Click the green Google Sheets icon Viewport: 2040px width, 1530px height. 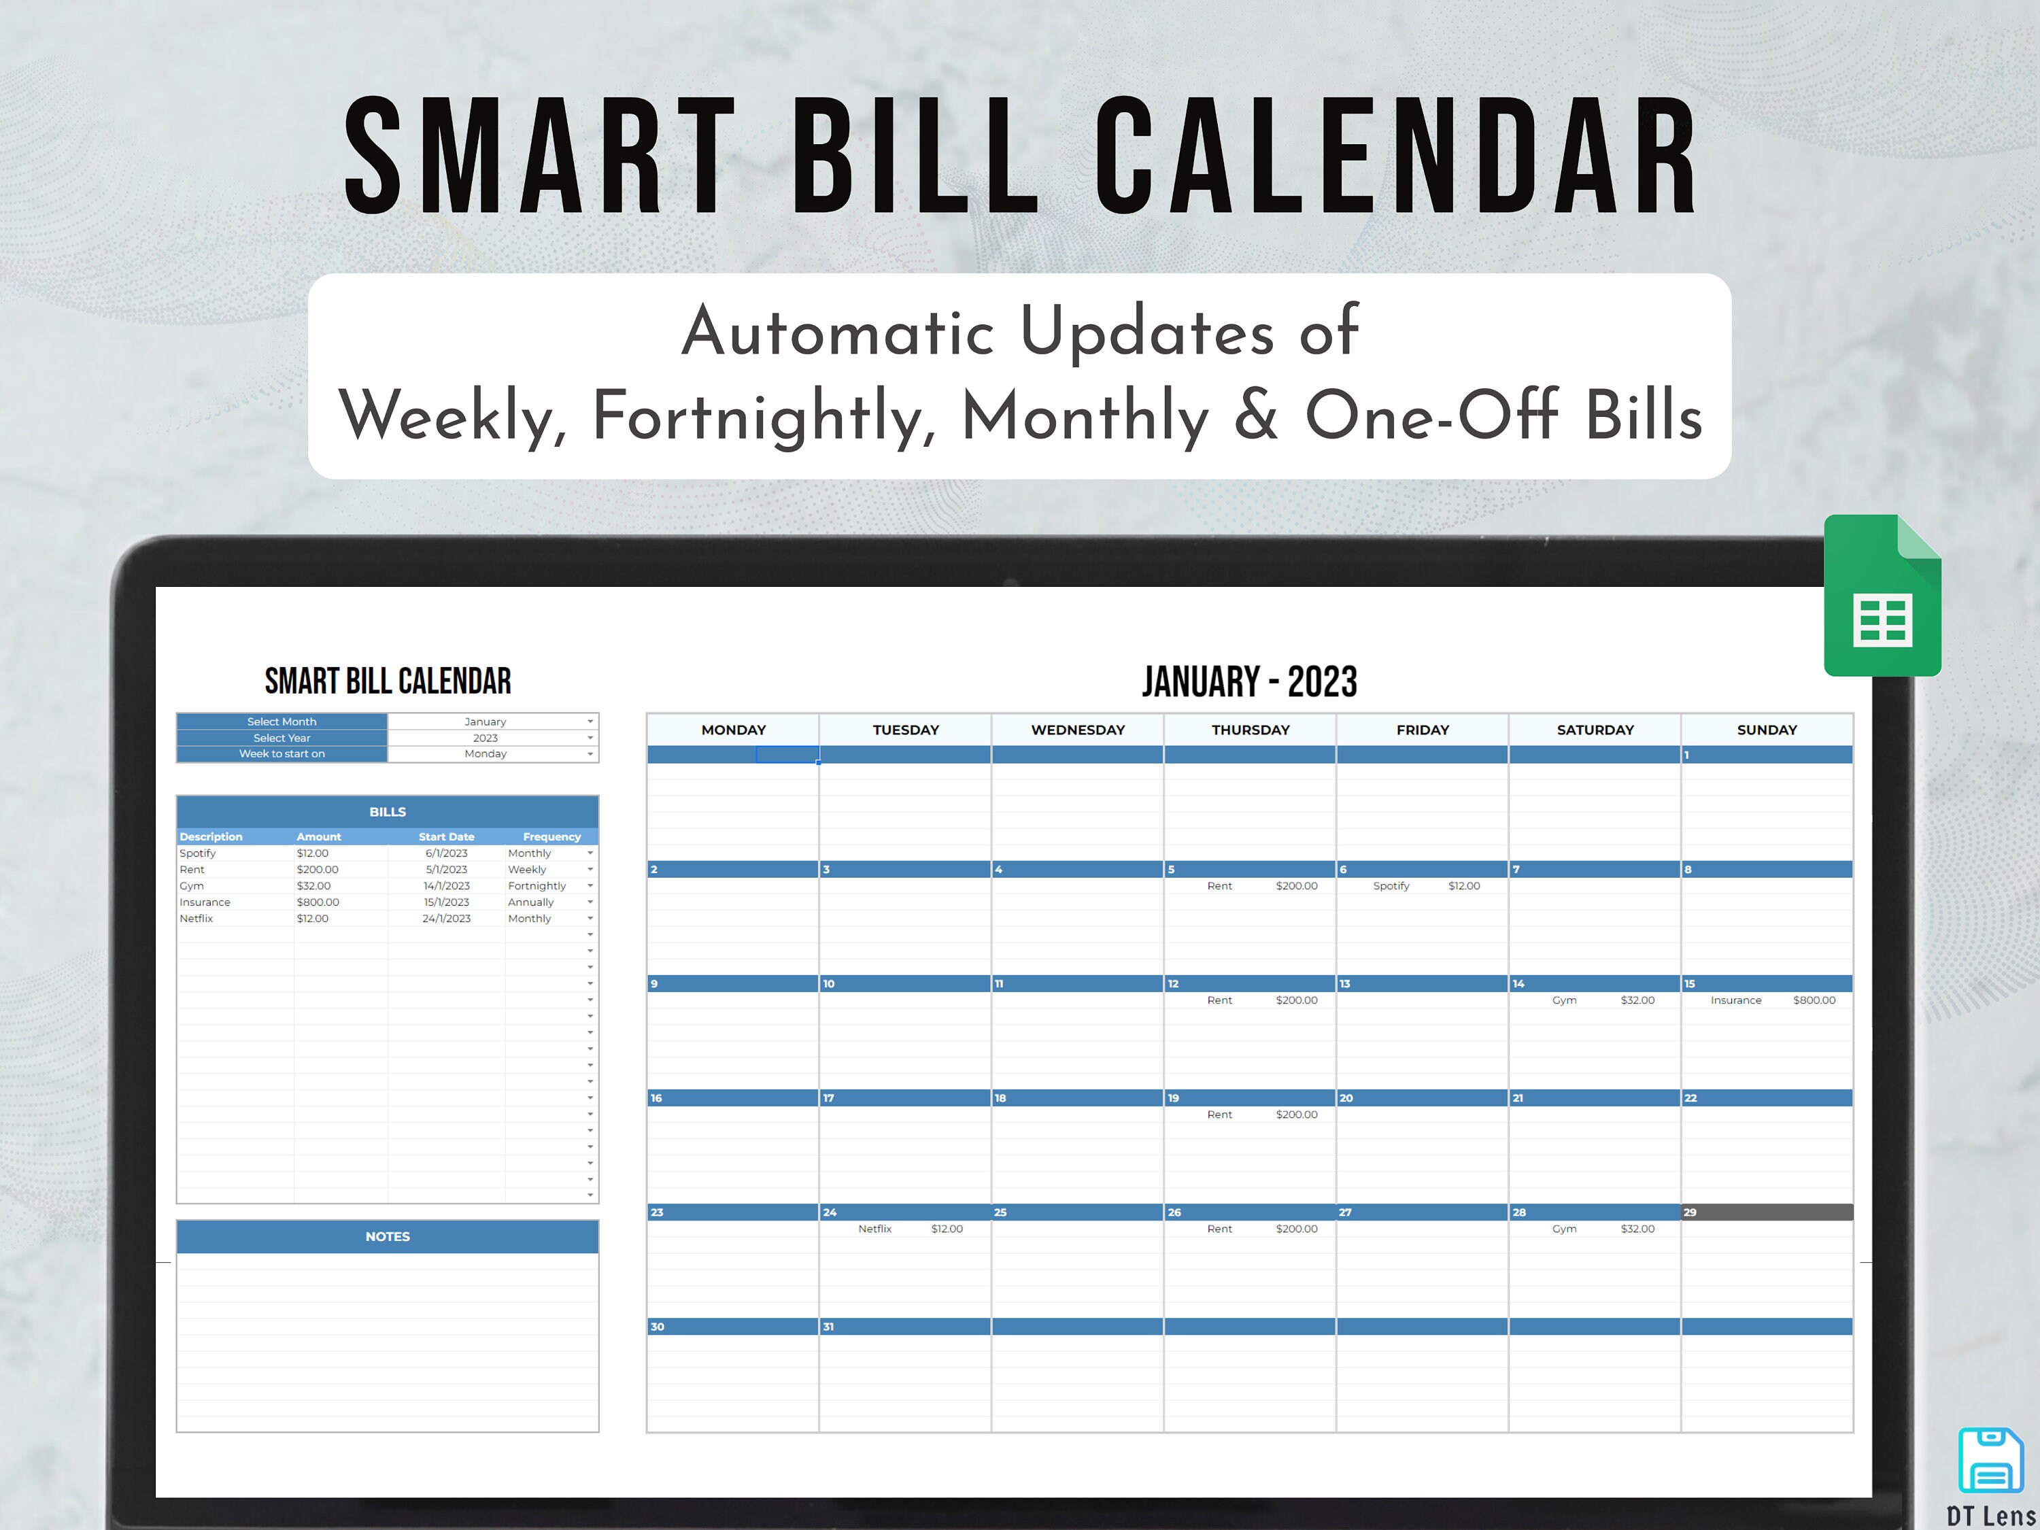pos(1882,596)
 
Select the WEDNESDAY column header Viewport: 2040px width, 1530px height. pos(1077,730)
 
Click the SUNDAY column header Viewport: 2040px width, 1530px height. pos(1766,730)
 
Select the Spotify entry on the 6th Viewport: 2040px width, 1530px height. pos(1425,886)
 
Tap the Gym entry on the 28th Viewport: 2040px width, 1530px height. pos(1602,1229)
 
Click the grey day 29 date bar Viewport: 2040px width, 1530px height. pos(1766,1212)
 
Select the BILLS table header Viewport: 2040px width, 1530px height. pos(388,811)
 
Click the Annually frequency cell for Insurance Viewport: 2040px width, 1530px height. pos(531,902)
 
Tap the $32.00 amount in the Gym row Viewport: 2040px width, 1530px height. pos(313,886)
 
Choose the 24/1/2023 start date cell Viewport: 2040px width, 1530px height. pos(446,919)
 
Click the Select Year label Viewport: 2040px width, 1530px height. pos(282,738)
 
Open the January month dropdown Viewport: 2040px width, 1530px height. pos(590,722)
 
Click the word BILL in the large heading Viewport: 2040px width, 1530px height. pos(915,157)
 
